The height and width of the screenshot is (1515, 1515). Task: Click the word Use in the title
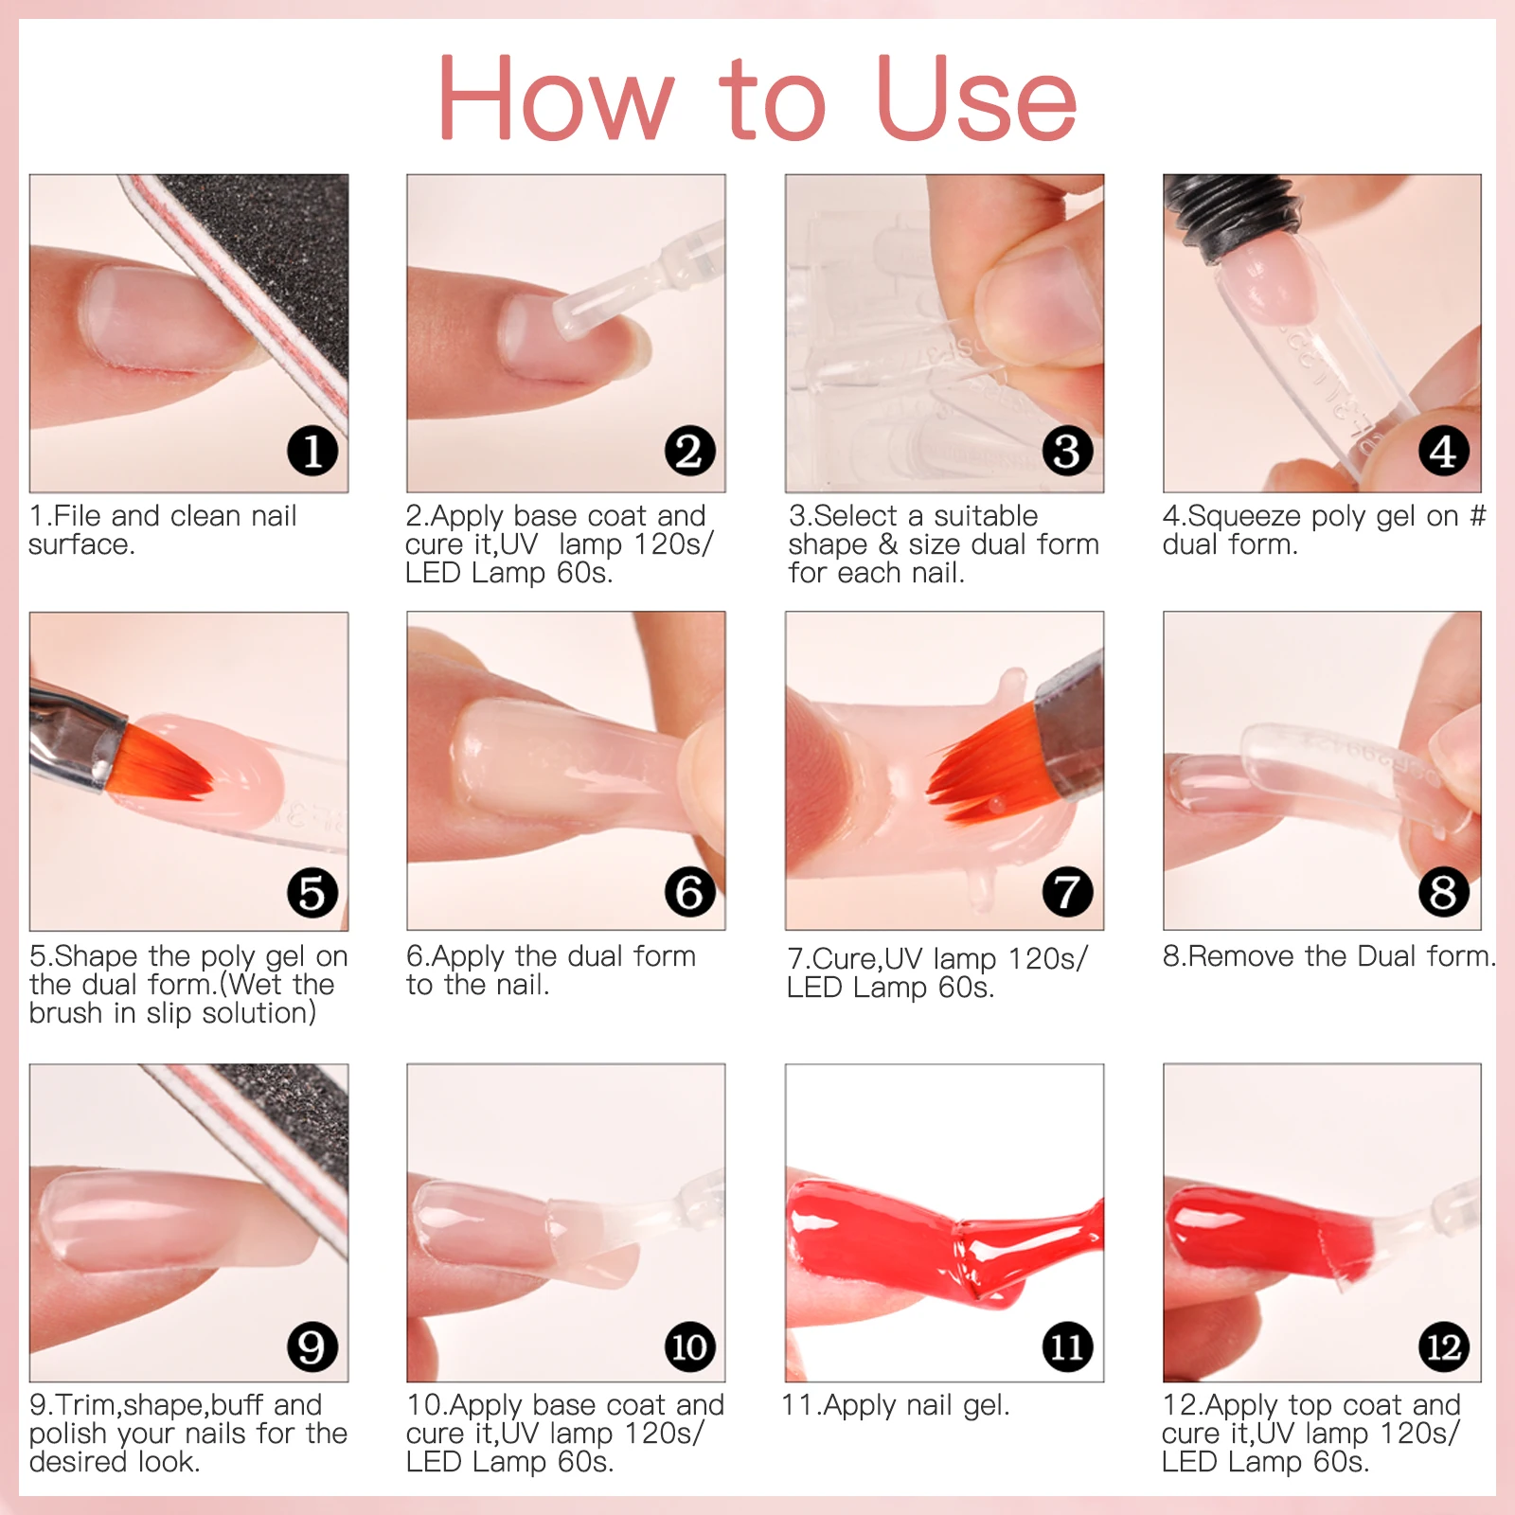[977, 98]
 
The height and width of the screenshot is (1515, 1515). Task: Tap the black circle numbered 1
[312, 451]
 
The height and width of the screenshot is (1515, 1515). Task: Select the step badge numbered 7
[1067, 892]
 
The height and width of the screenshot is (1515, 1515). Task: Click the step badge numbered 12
[1444, 1346]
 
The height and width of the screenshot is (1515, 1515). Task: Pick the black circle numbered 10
[689, 1346]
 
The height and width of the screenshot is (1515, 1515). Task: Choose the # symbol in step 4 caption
[1477, 516]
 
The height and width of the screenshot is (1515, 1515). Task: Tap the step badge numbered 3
[1067, 451]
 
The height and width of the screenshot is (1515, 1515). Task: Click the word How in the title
[556, 98]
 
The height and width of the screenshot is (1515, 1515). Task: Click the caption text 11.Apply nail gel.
[896, 1406]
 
